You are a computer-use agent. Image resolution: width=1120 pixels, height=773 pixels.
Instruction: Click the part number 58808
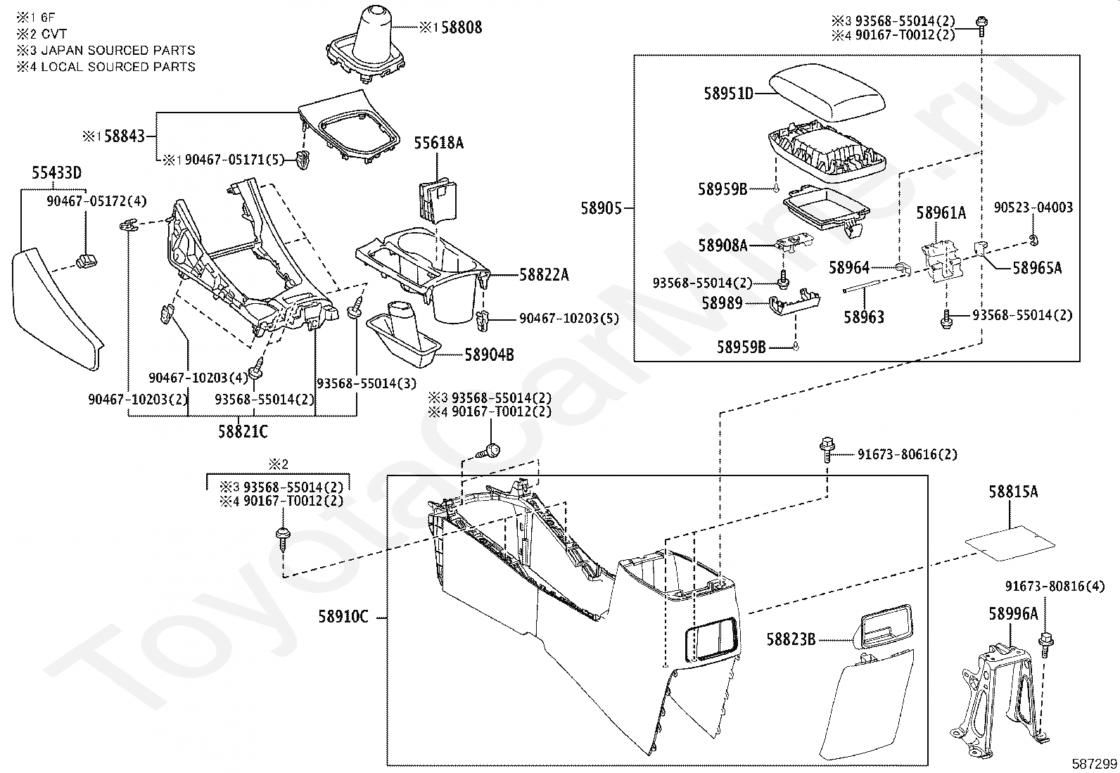point(462,27)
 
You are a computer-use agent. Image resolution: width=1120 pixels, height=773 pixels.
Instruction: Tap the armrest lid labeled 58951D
point(827,94)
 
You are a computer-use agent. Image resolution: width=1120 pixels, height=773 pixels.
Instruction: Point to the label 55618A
point(438,143)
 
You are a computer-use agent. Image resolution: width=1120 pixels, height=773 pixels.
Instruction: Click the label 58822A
point(544,274)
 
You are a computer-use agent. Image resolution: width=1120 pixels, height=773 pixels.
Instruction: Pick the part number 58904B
point(490,354)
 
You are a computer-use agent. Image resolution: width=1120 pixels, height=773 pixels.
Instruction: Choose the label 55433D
point(56,173)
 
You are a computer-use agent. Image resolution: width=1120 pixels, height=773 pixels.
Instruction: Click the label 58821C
point(243,431)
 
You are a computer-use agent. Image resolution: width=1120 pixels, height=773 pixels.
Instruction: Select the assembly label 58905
point(601,208)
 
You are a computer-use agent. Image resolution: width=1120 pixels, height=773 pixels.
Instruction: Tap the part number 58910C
point(343,616)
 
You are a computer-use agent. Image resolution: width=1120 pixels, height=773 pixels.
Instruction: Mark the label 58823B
point(791,639)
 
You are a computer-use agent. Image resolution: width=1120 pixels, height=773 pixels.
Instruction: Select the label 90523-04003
point(1033,207)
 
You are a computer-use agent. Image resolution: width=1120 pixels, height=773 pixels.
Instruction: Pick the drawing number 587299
point(1094,763)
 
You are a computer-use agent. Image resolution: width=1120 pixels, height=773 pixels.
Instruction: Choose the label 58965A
point(1037,268)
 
